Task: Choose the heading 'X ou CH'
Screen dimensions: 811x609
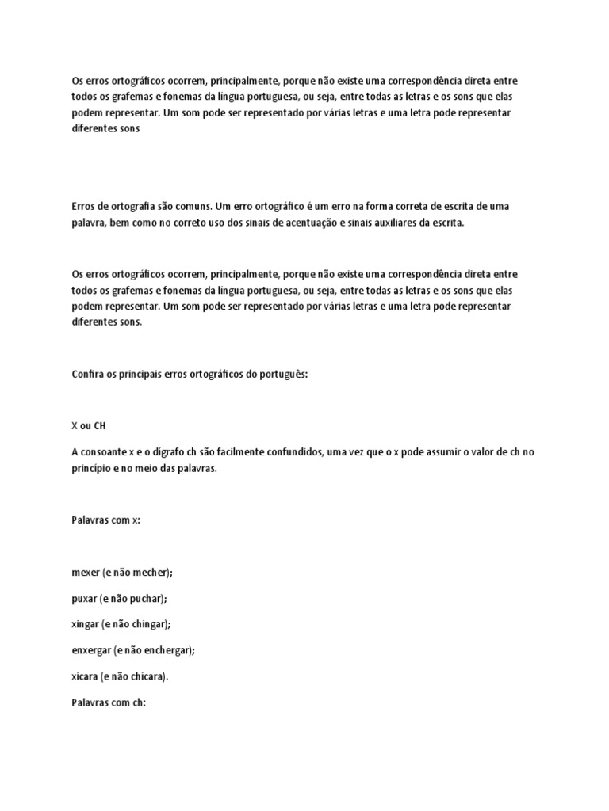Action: tap(88, 425)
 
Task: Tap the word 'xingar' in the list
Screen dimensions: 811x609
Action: tap(86, 624)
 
